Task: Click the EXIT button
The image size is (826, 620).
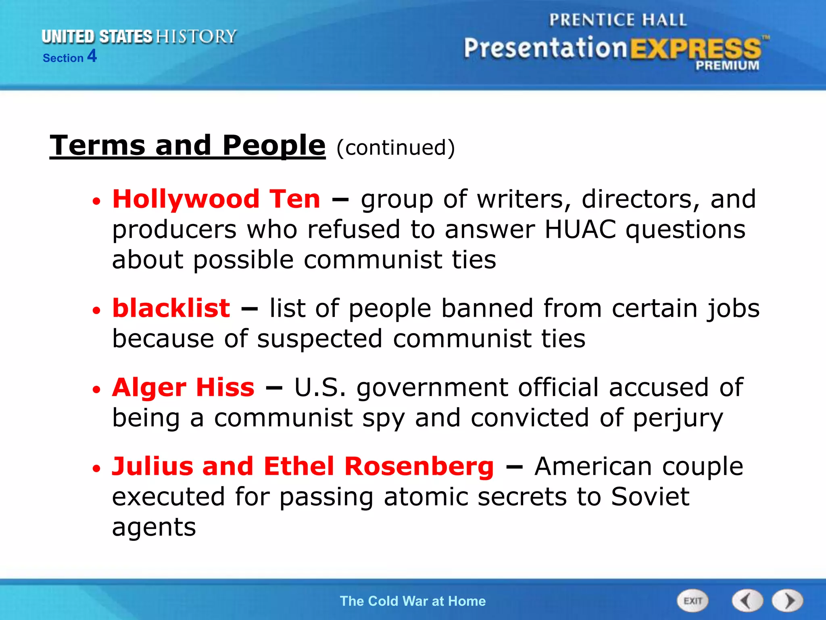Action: tap(692, 601)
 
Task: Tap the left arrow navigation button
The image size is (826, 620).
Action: tap(747, 601)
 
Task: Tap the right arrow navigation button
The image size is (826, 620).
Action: tap(788, 601)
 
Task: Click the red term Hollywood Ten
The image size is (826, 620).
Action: tap(216, 199)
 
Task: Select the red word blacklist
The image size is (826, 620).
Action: tap(171, 308)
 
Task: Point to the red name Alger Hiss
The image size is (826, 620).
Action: tap(183, 387)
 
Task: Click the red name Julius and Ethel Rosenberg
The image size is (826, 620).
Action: tap(302, 466)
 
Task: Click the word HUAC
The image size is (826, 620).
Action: tap(580, 229)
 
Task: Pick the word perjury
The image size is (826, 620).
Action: tap(678, 418)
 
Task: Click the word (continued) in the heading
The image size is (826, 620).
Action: tap(395, 148)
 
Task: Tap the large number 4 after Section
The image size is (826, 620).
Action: tap(92, 56)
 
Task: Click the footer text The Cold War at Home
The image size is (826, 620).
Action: tap(413, 601)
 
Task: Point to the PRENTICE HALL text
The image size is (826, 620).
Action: tap(618, 20)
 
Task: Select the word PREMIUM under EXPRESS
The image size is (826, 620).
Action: tap(727, 65)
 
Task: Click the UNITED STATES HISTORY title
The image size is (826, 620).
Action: tap(139, 37)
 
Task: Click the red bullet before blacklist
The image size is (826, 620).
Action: tap(96, 310)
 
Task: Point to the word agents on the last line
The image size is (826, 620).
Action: tap(154, 527)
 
